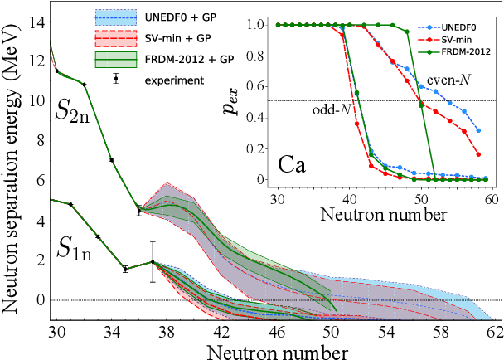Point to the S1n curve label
[76, 248]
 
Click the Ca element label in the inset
[293, 163]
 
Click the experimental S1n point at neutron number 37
[153, 262]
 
